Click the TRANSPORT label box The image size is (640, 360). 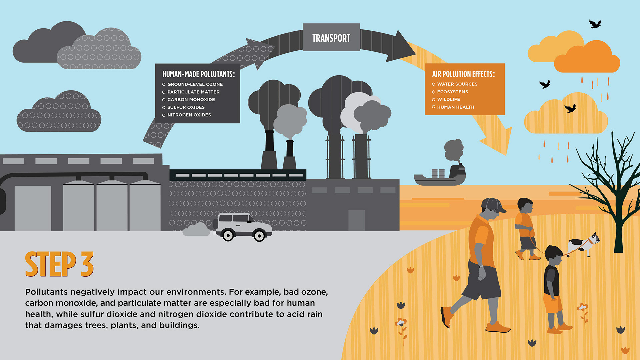(x=331, y=37)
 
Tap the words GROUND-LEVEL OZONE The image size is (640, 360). (x=195, y=84)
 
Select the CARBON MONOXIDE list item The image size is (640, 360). (x=191, y=100)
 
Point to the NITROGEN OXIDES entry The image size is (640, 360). (x=189, y=115)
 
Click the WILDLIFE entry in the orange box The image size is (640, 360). (x=448, y=99)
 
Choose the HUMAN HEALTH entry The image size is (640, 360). (x=455, y=107)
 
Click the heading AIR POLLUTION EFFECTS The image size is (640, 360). (x=463, y=74)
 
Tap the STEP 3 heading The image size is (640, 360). (x=59, y=264)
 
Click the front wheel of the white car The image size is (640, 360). (x=259, y=236)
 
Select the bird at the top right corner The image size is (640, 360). (x=595, y=24)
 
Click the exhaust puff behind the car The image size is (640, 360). (x=197, y=230)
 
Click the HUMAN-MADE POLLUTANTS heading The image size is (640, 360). (x=198, y=74)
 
